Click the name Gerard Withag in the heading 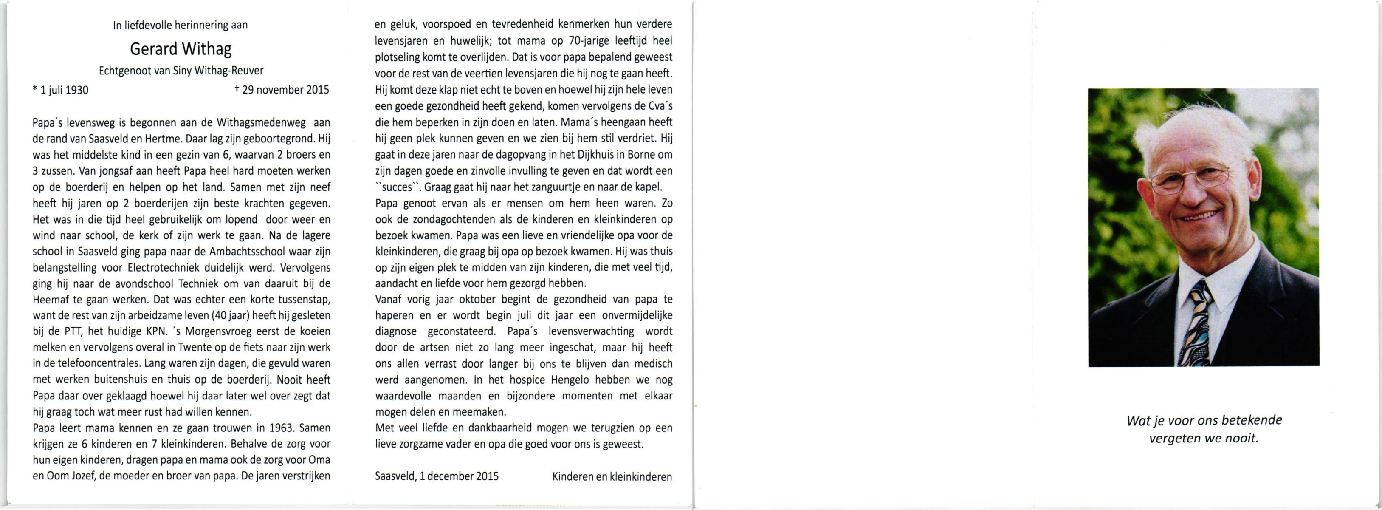click(181, 49)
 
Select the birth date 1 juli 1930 click(61, 90)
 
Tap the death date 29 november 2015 click(282, 90)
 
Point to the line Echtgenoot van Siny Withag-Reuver click(181, 70)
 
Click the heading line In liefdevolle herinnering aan click(180, 25)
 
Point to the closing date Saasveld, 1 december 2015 click(437, 476)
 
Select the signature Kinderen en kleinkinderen click(612, 476)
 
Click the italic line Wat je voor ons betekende click(1204, 420)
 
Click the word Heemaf click(51, 300)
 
